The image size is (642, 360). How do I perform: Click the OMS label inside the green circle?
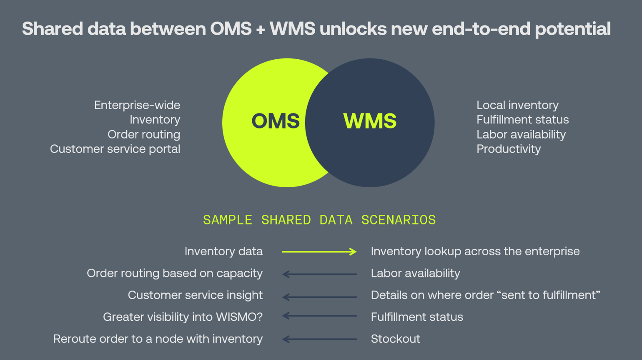[x=276, y=121]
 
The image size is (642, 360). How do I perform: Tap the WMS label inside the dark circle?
[x=370, y=121]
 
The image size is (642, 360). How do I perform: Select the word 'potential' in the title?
[x=573, y=29]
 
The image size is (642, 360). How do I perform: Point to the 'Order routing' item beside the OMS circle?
[x=144, y=135]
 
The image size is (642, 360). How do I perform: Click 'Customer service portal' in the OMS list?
[x=115, y=149]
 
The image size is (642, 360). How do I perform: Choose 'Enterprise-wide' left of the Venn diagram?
[x=137, y=105]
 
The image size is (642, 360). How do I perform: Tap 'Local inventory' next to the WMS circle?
[x=518, y=105]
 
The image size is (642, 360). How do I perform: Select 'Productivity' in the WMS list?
[x=509, y=149]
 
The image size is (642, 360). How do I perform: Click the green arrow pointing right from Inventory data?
[x=319, y=252]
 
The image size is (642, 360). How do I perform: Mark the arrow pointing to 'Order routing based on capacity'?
[x=319, y=274]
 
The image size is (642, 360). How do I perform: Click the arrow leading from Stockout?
[x=319, y=339]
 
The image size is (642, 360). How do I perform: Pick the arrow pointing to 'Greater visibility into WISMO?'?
[x=319, y=316]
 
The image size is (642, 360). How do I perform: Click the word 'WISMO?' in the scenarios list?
[x=239, y=317]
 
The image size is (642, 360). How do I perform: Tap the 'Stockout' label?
[x=396, y=339]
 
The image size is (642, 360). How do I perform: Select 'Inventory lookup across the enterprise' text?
[x=475, y=252]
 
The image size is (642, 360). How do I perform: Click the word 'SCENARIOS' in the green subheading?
[x=399, y=220]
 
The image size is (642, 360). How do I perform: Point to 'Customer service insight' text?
[x=195, y=295]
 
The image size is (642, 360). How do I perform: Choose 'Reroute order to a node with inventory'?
[x=158, y=339]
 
